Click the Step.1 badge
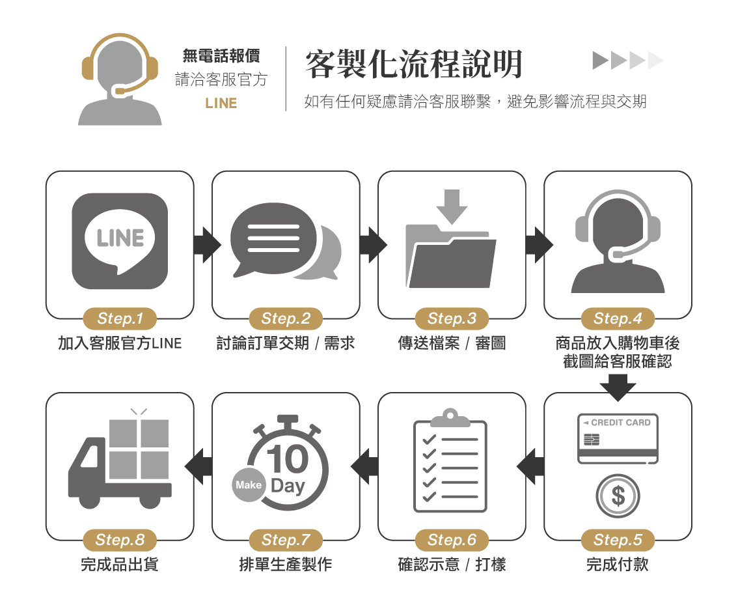(120, 318)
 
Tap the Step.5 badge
(618, 540)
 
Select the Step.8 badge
(120, 540)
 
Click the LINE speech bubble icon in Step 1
(120, 242)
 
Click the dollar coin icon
(618, 496)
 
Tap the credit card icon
(618, 438)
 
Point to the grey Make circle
(249, 485)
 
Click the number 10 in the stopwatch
(287, 459)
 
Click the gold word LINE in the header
(221, 104)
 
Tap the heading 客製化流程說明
(414, 64)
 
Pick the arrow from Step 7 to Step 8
(199, 466)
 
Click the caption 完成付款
(618, 564)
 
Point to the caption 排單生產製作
(286, 564)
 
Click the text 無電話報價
(221, 56)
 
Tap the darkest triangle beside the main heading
(599, 61)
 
